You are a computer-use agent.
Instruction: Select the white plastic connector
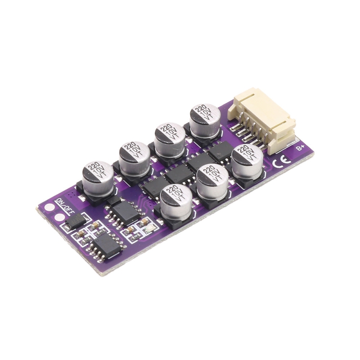pyautogui.click(x=262, y=120)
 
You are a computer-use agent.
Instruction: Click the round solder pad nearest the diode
pyautogui.click(x=60, y=217)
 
